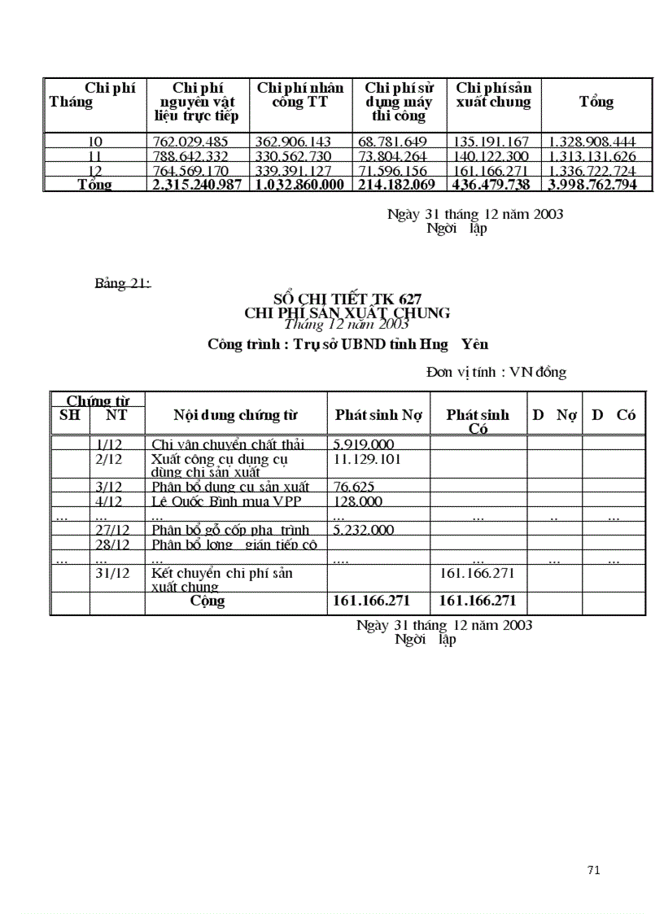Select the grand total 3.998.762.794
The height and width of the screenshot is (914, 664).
[596, 185]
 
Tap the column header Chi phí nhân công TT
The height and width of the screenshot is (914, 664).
[300, 94]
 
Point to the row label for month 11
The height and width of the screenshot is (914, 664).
[95, 156]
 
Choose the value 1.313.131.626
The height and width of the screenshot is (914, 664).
[596, 156]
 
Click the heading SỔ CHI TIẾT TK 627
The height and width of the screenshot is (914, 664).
[347, 300]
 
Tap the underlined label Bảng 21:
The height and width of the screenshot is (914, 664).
[123, 283]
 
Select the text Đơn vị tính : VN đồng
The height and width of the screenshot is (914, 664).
[496, 372]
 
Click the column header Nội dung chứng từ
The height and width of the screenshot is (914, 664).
[235, 415]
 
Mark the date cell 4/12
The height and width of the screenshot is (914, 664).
[108, 501]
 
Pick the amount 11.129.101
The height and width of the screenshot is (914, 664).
[368, 459]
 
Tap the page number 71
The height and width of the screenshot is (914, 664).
[593, 870]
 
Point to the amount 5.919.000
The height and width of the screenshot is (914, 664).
[364, 444]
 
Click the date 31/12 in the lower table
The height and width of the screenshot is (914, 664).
[112, 573]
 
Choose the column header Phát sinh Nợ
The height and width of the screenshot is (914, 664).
[378, 415]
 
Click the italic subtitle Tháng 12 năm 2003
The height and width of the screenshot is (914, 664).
[347, 325]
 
